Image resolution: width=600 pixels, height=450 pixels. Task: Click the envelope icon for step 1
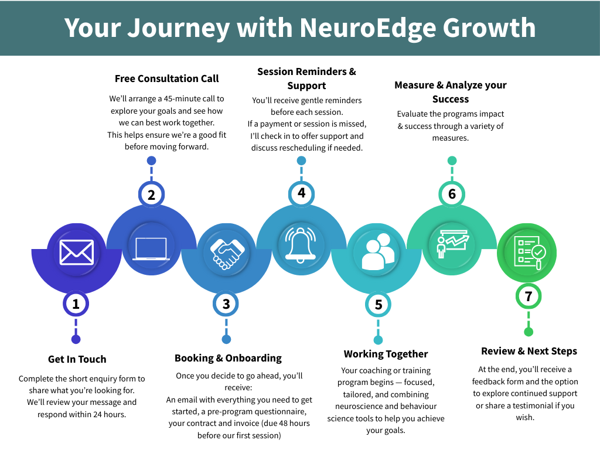[76, 253]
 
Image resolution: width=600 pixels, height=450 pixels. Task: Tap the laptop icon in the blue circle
[151, 248]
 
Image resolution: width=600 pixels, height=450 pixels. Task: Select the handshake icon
[227, 252]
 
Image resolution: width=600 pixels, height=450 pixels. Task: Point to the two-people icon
[377, 252]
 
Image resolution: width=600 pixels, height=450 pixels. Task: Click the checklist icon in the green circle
[528, 252]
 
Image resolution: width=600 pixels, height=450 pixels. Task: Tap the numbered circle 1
[76, 303]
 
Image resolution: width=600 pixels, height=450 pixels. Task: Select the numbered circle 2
[151, 195]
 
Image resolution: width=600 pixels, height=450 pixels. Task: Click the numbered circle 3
[226, 304]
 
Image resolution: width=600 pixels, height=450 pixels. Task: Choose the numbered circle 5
[378, 304]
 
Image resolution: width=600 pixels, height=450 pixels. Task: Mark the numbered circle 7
[529, 296]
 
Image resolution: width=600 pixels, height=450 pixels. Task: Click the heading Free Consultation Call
[166, 79]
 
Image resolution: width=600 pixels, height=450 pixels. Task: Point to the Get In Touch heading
[77, 359]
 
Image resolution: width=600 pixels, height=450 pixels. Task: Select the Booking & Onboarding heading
[228, 358]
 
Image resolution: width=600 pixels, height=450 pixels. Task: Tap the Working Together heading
[386, 354]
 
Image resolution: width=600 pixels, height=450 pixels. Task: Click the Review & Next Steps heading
[529, 351]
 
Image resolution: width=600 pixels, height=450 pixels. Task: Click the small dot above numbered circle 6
[452, 161]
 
